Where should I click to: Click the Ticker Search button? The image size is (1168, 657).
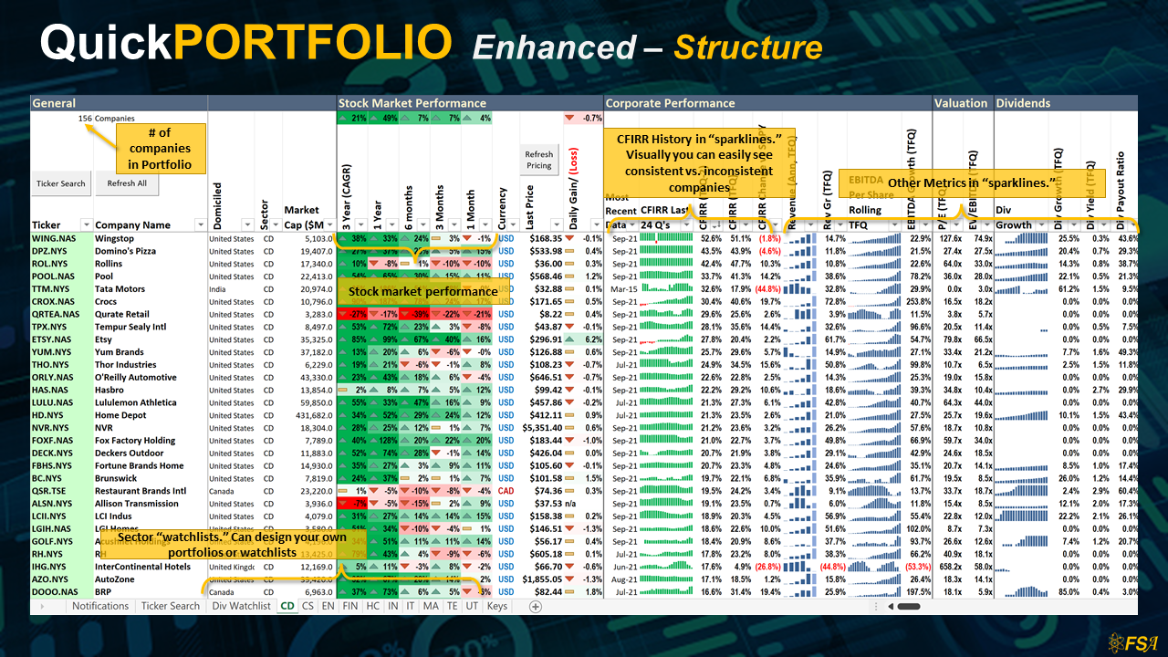coord(60,183)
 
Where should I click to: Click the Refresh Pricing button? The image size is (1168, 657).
coord(538,160)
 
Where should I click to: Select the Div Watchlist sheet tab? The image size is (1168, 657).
coord(241,606)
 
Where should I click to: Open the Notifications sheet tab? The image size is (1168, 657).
coord(100,606)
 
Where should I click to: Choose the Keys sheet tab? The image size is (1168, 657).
coord(497,606)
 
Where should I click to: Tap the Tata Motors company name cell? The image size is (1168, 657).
coord(120,289)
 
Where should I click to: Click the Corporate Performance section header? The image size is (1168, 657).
coord(670,103)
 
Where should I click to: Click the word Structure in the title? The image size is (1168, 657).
coord(748,47)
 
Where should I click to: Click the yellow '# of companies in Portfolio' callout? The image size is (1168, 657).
coord(160,149)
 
